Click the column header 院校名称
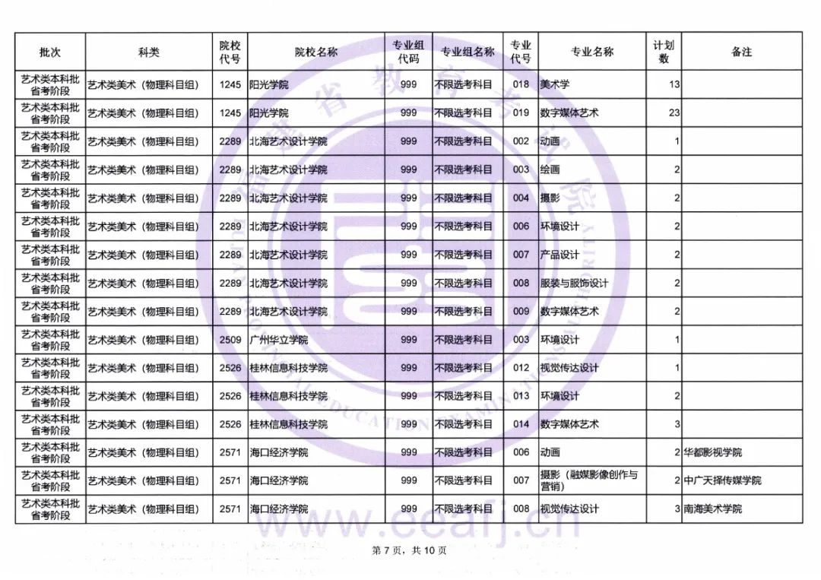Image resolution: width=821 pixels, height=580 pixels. click(316, 52)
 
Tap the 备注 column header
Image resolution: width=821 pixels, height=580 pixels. click(741, 52)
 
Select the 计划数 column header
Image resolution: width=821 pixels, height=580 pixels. click(664, 52)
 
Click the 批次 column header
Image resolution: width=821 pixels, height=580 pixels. click(50, 52)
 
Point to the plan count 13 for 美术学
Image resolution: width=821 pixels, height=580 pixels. click(674, 84)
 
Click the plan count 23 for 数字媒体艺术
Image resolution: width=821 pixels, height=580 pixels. click(674, 113)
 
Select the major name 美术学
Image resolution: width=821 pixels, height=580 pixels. click(555, 84)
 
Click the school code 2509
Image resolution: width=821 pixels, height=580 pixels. click(230, 340)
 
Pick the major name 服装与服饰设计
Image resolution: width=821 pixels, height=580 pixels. click(574, 283)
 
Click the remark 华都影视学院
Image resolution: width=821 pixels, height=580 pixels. click(712, 452)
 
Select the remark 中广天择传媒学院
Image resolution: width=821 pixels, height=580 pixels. click(721, 480)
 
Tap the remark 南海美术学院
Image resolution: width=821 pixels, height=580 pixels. click(712, 509)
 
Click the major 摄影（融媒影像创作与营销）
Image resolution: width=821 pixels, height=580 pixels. click(588, 480)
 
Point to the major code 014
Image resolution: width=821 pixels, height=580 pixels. click(521, 424)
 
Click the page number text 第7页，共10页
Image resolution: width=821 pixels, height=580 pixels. click(409, 550)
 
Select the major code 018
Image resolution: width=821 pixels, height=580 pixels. click(521, 84)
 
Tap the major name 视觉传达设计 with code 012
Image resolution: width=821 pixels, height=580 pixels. click(569, 368)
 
